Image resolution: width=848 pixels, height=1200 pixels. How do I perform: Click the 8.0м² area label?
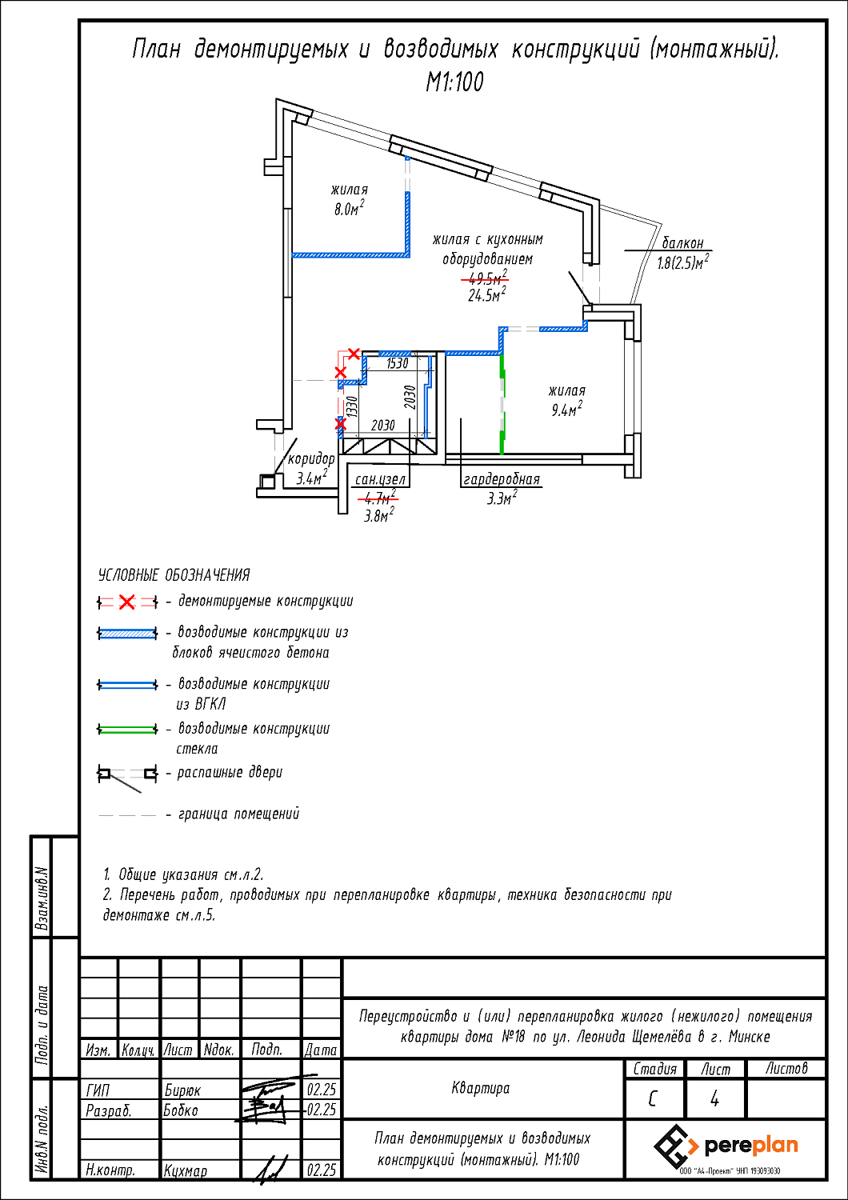point(349,208)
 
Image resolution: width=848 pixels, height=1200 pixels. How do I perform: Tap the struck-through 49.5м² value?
point(486,278)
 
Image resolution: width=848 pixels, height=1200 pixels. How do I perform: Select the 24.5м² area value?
point(487,294)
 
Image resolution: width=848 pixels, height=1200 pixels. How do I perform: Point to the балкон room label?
point(682,242)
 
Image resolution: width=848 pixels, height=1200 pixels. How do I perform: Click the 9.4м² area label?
point(566,410)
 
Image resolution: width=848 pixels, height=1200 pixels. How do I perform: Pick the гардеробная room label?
point(502,479)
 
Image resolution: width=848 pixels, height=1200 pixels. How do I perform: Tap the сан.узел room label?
point(380,479)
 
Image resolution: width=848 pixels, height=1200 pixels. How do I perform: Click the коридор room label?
point(311,459)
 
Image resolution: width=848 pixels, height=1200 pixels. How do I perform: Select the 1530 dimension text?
point(397,363)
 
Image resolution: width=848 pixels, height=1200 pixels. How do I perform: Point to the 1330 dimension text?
point(351,406)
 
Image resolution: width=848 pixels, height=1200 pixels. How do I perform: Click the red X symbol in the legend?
point(127,602)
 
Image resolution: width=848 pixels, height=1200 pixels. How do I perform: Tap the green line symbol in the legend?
point(127,729)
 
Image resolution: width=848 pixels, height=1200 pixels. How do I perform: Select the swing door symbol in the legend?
point(127,778)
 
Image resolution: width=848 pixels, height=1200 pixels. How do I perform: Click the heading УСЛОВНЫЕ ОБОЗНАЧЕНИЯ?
point(174,575)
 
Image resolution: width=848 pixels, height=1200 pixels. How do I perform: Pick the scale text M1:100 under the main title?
point(455,82)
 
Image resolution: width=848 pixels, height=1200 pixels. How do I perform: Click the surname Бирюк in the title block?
point(182,1090)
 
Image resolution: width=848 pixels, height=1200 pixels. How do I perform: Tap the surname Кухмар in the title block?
point(186,1171)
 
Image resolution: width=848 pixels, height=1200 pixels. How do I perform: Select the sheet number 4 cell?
point(714,1099)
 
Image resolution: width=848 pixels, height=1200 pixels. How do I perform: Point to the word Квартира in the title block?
point(481,1088)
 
